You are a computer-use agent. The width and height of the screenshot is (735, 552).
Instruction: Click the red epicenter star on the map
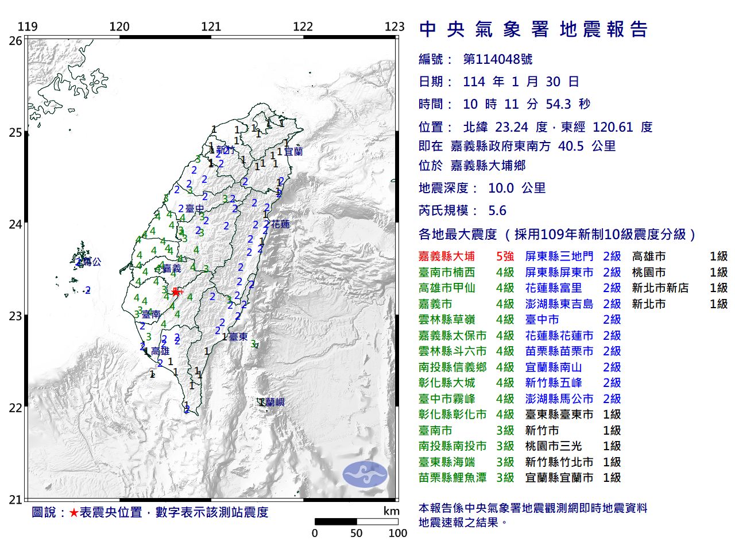pyautogui.click(x=175, y=292)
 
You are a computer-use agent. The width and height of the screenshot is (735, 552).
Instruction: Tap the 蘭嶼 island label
pyautogui.click(x=274, y=402)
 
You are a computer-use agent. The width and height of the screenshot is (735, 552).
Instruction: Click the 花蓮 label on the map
pyautogui.click(x=280, y=224)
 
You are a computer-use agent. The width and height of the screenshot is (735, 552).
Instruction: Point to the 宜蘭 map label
pyautogui.click(x=293, y=152)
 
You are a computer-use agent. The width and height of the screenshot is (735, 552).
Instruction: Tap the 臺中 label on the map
pyautogui.click(x=195, y=209)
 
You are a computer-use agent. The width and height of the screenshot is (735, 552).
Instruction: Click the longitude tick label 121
pyautogui.click(x=211, y=26)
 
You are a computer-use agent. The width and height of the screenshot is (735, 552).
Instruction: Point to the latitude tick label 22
pyautogui.click(x=16, y=408)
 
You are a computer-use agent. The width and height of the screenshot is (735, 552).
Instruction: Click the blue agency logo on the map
pyautogui.click(x=365, y=474)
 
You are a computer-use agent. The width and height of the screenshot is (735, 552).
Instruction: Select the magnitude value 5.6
pyautogui.click(x=497, y=211)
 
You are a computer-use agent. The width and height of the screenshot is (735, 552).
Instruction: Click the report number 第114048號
pyautogui.click(x=497, y=59)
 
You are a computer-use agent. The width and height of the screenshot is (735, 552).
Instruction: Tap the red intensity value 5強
pyautogui.click(x=505, y=256)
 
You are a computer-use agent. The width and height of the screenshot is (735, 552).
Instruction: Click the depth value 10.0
pyautogui.click(x=501, y=188)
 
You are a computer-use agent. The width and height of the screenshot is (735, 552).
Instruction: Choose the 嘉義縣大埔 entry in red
pyautogui.click(x=447, y=256)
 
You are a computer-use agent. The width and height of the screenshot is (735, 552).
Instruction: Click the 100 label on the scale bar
pyautogui.click(x=397, y=533)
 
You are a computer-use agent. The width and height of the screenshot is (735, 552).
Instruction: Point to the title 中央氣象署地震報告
pyautogui.click(x=533, y=29)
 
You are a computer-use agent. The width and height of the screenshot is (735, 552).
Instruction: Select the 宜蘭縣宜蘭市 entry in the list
pyautogui.click(x=559, y=477)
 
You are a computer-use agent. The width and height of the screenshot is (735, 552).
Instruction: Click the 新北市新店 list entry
pyautogui.click(x=660, y=288)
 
